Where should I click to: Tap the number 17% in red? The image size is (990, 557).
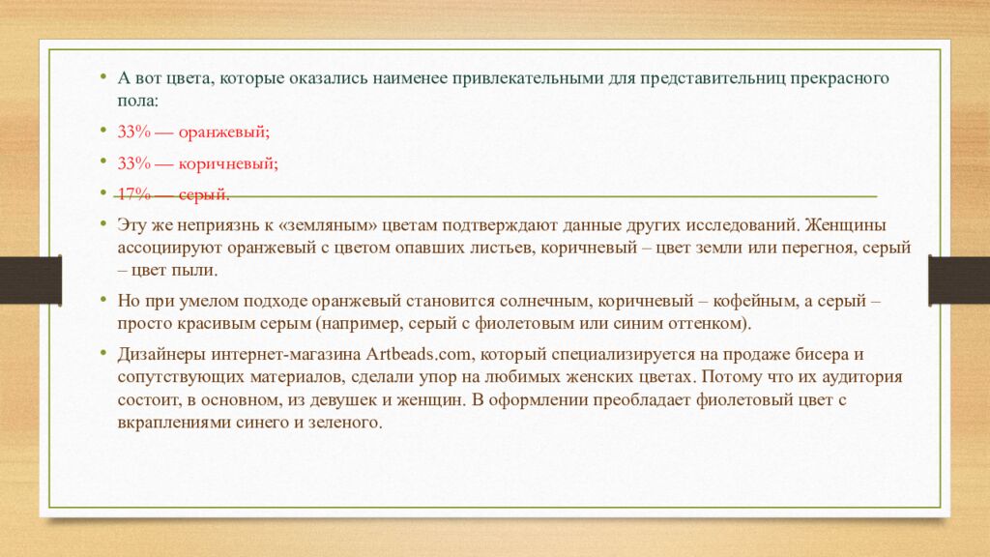coord(133,193)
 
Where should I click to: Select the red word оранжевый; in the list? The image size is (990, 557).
coord(224,132)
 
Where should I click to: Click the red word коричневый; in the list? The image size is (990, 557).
coord(228,164)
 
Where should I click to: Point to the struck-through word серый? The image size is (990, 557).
coord(204,195)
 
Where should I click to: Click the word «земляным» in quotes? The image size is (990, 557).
coord(327,225)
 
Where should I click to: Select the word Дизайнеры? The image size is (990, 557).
coord(161,355)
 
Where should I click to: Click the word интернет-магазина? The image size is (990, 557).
coord(286,355)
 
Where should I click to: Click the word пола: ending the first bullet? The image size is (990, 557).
coord(137,101)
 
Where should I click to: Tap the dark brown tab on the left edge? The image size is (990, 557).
coord(31,280)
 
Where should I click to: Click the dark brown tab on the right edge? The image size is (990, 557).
coord(959,280)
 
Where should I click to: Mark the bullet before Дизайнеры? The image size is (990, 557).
coord(102,352)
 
